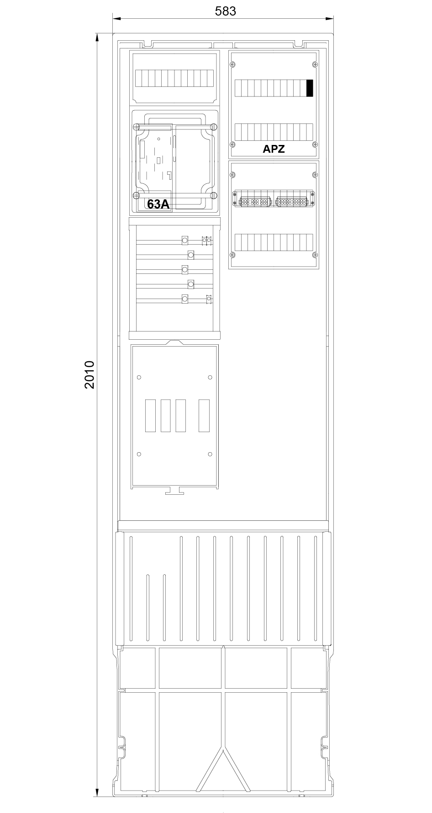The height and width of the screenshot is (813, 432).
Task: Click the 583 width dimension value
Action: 225,11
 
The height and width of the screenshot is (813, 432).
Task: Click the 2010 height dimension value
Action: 90,374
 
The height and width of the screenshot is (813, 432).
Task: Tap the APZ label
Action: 274,149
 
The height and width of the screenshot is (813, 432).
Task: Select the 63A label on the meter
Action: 158,204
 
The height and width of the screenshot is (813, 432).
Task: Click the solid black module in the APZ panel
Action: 310,88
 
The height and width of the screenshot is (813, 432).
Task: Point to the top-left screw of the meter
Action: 136,127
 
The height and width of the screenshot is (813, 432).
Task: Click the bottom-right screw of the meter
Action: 213,196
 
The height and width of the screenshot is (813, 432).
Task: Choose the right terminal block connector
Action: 291,201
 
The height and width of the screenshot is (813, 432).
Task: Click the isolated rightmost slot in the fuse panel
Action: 204,416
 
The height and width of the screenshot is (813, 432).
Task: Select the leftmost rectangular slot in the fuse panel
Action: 150,416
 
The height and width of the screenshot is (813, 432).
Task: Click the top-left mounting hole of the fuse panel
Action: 139,377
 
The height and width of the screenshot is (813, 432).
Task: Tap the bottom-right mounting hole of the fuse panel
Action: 210,454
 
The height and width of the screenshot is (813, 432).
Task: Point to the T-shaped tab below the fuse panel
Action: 175,491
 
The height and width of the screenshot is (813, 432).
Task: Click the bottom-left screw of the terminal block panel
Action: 233,255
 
